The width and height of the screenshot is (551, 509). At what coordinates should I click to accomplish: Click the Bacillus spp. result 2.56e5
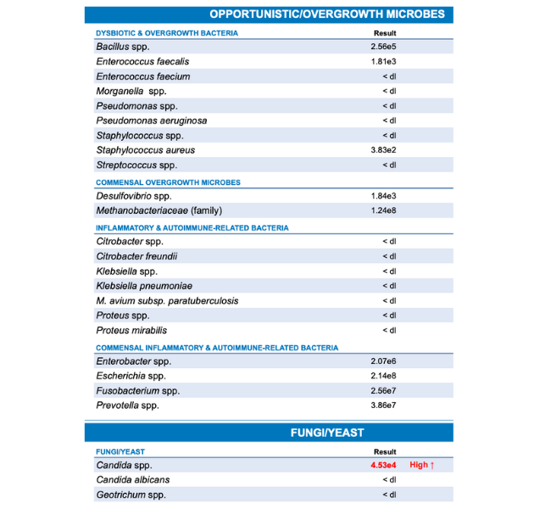click(383, 47)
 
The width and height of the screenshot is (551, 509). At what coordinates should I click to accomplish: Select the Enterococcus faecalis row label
click(142, 62)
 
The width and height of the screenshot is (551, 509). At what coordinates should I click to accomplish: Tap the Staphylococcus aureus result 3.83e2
click(383, 150)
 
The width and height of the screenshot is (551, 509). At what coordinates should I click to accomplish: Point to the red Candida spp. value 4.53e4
click(382, 466)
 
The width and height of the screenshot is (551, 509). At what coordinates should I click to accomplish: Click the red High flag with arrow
click(422, 466)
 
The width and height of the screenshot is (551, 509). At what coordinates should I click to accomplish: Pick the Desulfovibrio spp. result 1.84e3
click(383, 196)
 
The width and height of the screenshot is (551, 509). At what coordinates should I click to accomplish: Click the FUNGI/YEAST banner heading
click(327, 433)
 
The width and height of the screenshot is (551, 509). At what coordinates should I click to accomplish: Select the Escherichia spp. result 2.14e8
click(383, 376)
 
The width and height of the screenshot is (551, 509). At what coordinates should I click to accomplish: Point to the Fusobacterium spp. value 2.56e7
click(383, 391)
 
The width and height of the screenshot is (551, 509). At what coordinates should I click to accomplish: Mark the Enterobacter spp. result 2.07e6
click(383, 361)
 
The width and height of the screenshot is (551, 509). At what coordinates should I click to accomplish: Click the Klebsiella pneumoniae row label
click(144, 286)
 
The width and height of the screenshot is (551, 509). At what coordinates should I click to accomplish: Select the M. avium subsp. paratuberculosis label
click(167, 300)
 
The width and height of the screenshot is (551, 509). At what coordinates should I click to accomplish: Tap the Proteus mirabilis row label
click(131, 330)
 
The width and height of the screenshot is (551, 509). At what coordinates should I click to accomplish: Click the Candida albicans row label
click(132, 480)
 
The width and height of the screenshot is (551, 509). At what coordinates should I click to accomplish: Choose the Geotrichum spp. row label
click(131, 495)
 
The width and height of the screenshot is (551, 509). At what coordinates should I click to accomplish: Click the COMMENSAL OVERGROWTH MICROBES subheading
click(168, 182)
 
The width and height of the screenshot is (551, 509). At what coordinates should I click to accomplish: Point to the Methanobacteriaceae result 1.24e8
click(383, 210)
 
